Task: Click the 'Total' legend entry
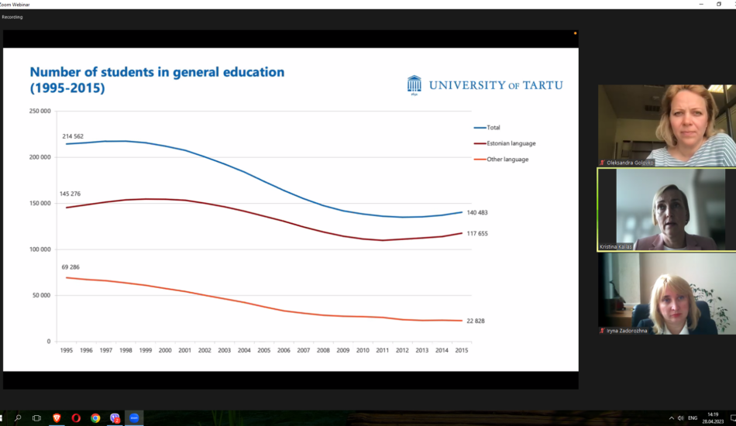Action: coord(494,127)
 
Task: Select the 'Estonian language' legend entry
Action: coord(511,143)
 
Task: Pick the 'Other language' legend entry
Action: coord(507,160)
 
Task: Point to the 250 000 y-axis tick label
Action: coord(40,112)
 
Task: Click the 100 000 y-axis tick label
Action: coord(40,249)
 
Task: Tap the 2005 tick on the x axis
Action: coord(263,350)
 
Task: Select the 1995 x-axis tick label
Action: coord(66,350)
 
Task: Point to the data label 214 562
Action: coord(77,136)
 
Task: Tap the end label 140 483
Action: coord(476,212)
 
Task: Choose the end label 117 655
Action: coord(476,233)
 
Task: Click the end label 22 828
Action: coord(475,321)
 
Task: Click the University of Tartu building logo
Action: coord(414,84)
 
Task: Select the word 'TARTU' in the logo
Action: coord(542,85)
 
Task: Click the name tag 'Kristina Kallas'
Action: coord(616,246)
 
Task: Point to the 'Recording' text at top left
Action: coord(12,17)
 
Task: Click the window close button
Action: coord(730,4)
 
